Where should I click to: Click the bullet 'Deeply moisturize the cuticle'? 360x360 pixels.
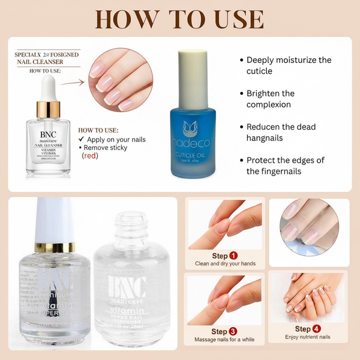coord(288,65)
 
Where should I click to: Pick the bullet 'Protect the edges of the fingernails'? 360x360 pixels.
coord(288,166)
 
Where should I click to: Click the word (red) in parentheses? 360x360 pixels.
coord(89,155)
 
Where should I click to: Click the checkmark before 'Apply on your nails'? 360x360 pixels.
coord(81,139)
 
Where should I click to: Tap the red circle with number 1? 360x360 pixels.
coord(233,255)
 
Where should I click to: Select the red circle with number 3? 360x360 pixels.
coord(233,331)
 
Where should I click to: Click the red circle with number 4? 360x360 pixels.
coord(317,329)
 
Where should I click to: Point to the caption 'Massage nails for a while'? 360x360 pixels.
coord(223,340)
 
